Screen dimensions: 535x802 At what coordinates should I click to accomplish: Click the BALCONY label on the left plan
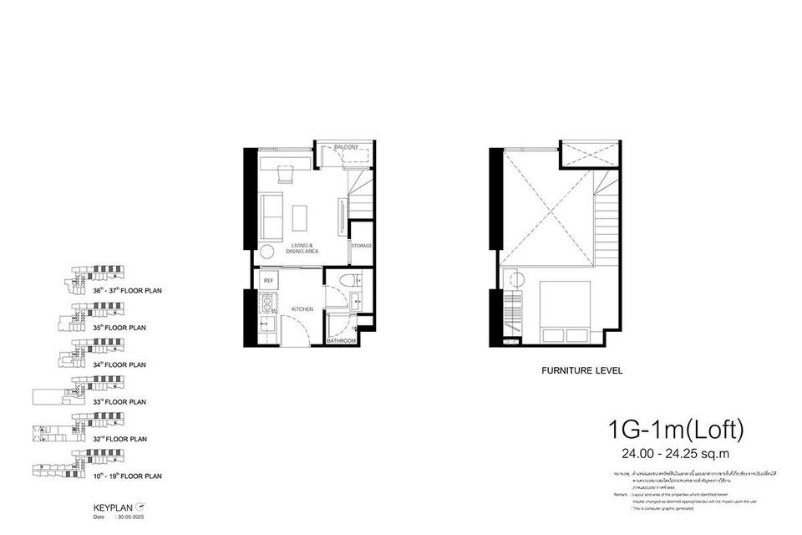click(346, 147)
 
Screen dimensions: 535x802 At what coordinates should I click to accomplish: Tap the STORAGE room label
click(361, 246)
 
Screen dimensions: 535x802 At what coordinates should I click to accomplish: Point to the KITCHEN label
click(302, 309)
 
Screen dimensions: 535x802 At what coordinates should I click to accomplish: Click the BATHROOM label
click(342, 341)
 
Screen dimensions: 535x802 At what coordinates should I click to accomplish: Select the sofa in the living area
click(272, 215)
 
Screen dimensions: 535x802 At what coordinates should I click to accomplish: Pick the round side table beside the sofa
click(268, 252)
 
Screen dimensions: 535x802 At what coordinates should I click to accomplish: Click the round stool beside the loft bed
click(515, 278)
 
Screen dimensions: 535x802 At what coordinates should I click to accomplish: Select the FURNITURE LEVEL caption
click(582, 369)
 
